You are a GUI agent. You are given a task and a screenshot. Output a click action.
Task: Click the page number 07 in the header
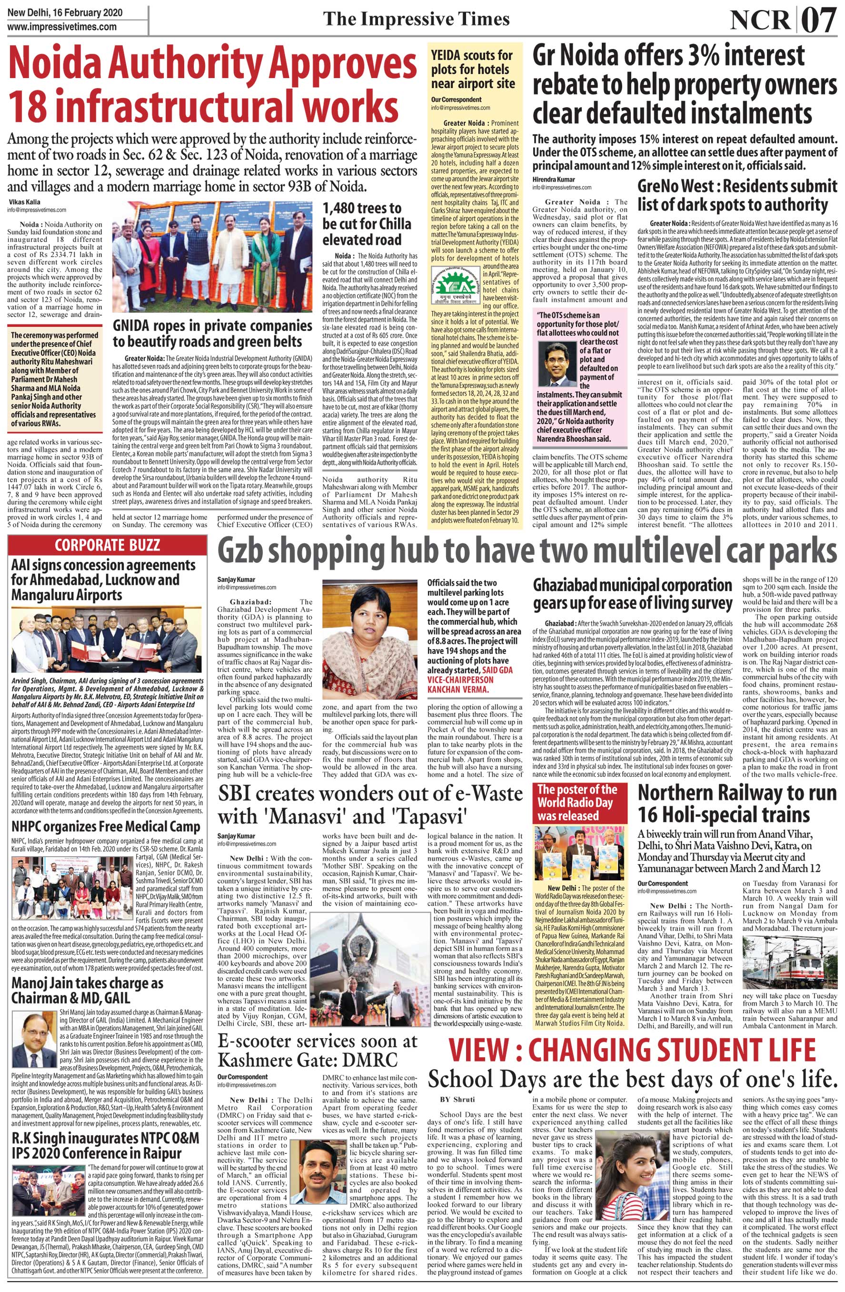(x=818, y=20)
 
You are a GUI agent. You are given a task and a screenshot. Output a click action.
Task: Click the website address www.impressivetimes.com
(x=62, y=26)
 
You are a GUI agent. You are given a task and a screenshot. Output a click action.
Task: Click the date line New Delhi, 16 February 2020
(x=65, y=12)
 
